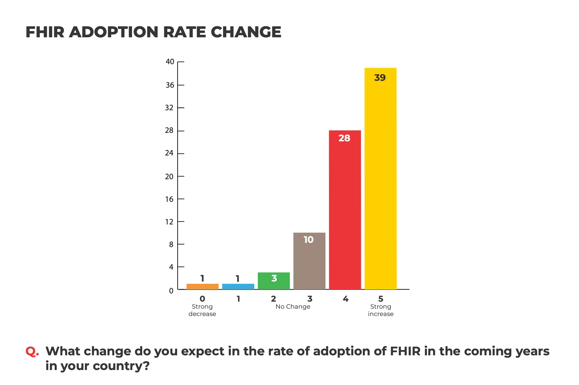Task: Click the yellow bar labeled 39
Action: [380, 181]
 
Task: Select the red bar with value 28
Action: [345, 212]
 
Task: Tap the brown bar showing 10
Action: [309, 263]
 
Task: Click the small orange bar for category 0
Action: [203, 286]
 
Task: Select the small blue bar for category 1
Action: [238, 286]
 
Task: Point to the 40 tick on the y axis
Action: [170, 62]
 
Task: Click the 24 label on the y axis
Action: [169, 153]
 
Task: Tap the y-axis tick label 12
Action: [169, 222]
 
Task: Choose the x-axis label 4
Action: [345, 299]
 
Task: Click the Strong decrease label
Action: [202, 310]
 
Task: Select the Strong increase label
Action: [381, 310]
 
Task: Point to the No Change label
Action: [293, 307]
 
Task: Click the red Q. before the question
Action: [32, 352]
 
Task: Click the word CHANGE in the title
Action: [246, 32]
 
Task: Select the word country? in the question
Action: [121, 366]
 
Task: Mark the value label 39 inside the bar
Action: [380, 78]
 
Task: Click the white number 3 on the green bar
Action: [274, 278]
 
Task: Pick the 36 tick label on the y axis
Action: [170, 85]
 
